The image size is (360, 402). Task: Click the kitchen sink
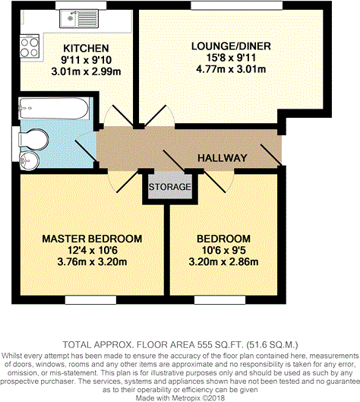pyautogui.click(x=79, y=19)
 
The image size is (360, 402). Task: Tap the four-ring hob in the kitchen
pyautogui.click(x=30, y=46)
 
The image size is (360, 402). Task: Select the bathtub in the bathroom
pyautogui.click(x=54, y=108)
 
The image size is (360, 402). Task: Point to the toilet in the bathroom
pyautogui.click(x=33, y=140)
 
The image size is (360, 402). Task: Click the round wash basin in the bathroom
pyautogui.click(x=29, y=161)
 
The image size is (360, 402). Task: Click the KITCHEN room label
pyautogui.click(x=86, y=48)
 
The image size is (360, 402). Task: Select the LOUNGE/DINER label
pyautogui.click(x=231, y=46)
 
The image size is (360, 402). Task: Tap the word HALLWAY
pyautogui.click(x=223, y=158)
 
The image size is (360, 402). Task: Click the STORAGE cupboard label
pyautogui.click(x=170, y=187)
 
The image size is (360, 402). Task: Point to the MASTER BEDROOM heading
pyautogui.click(x=92, y=239)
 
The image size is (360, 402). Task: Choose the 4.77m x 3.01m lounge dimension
pyautogui.click(x=231, y=69)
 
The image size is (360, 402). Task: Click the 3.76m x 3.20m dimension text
pyautogui.click(x=92, y=262)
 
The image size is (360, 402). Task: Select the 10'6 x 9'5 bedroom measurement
pyautogui.click(x=223, y=250)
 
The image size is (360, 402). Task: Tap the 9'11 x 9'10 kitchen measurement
pyautogui.click(x=86, y=60)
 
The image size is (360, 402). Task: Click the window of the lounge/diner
pyautogui.click(x=236, y=5)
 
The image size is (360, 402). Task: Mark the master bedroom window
pyautogui.click(x=90, y=299)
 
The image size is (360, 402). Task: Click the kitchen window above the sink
pyautogui.click(x=81, y=5)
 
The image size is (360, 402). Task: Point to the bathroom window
pyautogui.click(x=16, y=144)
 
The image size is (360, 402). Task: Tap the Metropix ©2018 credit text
pyautogui.click(x=197, y=398)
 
